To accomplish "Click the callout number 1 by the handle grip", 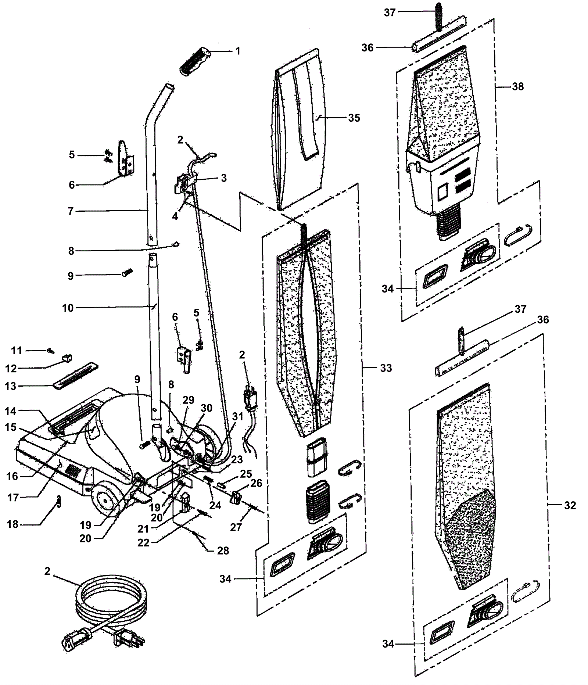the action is click(238, 51).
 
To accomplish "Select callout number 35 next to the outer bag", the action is click(354, 118).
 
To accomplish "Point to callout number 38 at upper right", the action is click(518, 87).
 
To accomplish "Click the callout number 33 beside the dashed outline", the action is click(386, 368).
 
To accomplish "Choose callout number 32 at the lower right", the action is click(570, 505).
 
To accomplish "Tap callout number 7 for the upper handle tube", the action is click(71, 211).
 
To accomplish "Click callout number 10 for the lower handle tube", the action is click(68, 308).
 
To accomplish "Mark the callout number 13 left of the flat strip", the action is click(11, 386).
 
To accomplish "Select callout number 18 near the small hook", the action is click(12, 524).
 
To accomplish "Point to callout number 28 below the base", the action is click(223, 550).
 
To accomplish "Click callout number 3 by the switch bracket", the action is click(224, 178).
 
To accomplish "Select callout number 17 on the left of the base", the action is click(13, 497).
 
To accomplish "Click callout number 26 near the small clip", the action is click(256, 483).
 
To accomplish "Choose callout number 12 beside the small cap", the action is click(11, 368).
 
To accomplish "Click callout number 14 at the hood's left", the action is click(11, 411).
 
